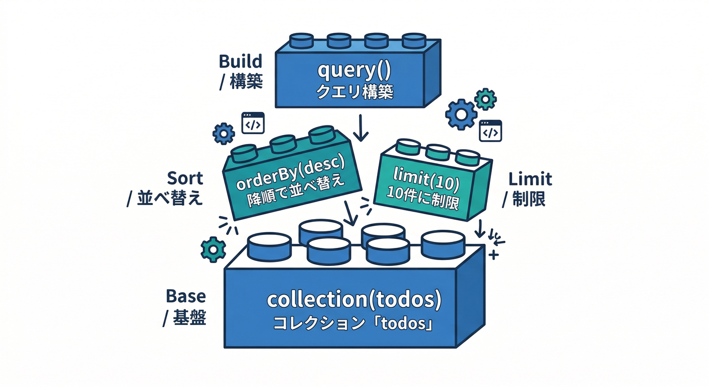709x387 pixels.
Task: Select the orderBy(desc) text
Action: tap(293, 174)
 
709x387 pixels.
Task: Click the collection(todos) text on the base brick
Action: tap(354, 300)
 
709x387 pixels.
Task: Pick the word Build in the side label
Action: tap(241, 61)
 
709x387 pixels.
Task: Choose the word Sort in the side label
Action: tap(185, 178)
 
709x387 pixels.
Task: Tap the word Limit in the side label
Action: tap(530, 179)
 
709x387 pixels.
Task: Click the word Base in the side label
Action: tap(185, 296)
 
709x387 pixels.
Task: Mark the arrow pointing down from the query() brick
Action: tap(361, 128)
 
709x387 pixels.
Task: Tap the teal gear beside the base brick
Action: tap(213, 249)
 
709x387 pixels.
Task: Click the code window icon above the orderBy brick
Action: tap(253, 123)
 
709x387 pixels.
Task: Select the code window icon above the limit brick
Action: tap(490, 130)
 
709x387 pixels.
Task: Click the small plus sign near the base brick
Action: tap(493, 255)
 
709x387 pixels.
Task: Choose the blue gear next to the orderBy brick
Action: tap(224, 134)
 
